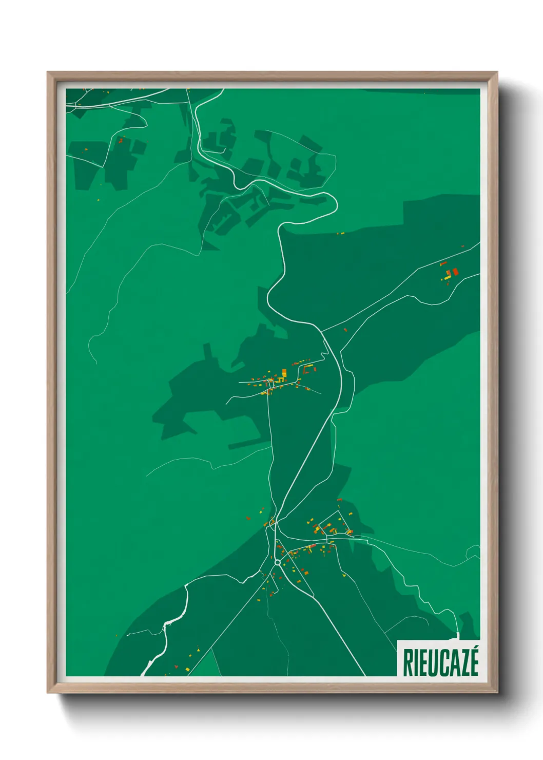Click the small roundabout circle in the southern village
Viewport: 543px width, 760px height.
point(278,563)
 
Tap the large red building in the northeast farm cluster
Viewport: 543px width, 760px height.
point(455,271)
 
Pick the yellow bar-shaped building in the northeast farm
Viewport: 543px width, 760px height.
point(448,277)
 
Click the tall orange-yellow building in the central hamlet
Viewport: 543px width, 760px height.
point(284,373)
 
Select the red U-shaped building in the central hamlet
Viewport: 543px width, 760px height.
point(307,368)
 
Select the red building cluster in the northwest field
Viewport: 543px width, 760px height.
point(121,139)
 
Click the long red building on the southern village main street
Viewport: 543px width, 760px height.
point(312,546)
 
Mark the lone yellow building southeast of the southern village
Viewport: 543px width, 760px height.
point(344,576)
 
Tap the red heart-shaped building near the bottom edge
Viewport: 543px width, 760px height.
point(177,666)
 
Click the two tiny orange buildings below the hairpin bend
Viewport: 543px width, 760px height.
point(340,234)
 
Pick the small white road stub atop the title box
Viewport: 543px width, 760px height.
point(457,636)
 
